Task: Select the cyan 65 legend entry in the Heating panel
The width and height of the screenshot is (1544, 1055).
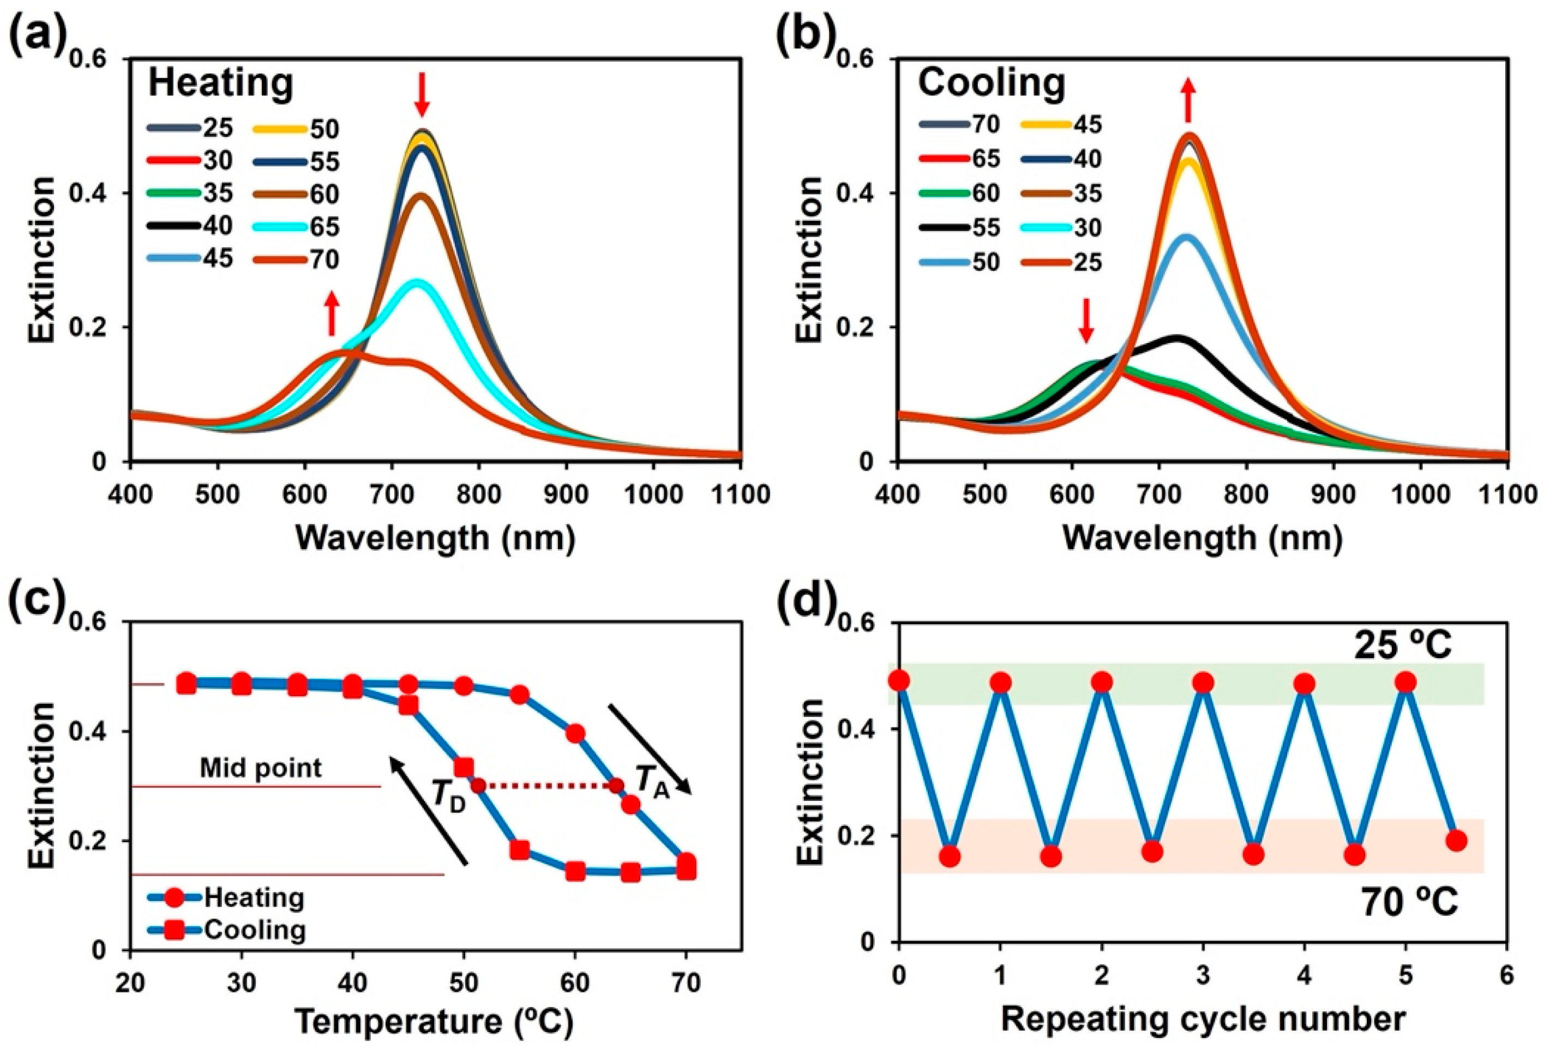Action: click(296, 227)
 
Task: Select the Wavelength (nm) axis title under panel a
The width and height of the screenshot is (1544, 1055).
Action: click(435, 537)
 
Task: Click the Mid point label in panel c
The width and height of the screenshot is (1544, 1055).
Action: click(261, 769)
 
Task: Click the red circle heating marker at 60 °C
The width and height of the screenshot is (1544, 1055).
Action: click(575, 733)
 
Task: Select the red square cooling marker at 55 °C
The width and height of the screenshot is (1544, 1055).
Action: click(520, 849)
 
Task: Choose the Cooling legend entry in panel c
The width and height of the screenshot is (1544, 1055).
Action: click(226, 930)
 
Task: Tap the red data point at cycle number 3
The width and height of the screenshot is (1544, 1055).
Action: click(1203, 682)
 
